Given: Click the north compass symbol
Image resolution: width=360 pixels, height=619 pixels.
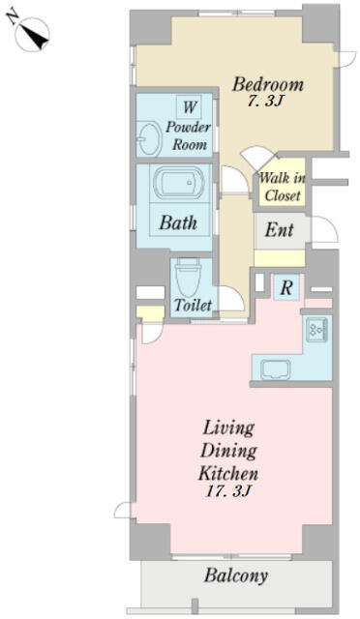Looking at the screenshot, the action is [x=30, y=32].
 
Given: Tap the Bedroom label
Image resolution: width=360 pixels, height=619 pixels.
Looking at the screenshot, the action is [x=268, y=84].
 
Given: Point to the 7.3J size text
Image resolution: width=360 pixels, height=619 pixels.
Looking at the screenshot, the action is [x=266, y=102].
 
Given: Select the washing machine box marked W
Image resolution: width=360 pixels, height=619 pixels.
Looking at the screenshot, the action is [x=189, y=106].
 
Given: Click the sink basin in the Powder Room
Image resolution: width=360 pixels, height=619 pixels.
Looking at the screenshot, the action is [x=150, y=138].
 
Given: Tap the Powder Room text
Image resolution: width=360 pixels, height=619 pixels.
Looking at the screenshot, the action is [x=189, y=135].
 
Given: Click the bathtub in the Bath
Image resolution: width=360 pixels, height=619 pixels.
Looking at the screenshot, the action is [x=178, y=183].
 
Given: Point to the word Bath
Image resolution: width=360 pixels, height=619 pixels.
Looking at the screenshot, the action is [x=178, y=223].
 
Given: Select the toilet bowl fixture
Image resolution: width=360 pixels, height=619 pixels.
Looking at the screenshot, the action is [x=188, y=278].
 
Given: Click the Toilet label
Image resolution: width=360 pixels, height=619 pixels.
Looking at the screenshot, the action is [x=194, y=305].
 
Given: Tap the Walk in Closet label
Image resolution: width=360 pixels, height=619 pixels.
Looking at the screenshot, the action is [x=283, y=187].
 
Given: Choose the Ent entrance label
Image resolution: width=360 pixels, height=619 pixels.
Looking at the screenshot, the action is [x=279, y=230].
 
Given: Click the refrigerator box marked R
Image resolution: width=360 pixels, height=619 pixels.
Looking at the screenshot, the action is [x=286, y=288].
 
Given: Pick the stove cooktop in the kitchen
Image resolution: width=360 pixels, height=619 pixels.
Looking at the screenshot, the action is [x=316, y=329].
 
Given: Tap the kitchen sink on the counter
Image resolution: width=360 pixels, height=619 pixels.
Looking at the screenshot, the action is [x=276, y=369].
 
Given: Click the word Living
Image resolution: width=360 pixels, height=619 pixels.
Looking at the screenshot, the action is [x=228, y=428].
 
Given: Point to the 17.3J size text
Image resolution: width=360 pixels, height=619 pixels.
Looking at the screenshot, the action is [x=228, y=491].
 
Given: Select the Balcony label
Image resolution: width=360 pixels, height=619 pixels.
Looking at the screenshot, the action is [x=236, y=576].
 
